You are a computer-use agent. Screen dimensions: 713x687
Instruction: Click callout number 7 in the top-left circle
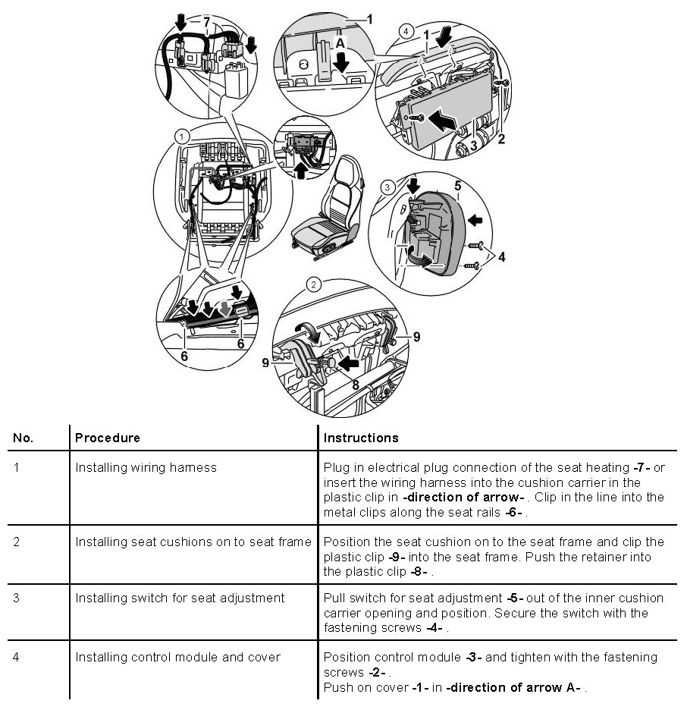[x=205, y=21]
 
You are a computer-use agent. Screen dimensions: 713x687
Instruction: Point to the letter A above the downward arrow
[x=340, y=45]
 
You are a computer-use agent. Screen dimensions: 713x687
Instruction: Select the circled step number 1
[x=180, y=136]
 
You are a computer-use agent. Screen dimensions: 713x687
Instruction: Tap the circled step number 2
[x=313, y=285]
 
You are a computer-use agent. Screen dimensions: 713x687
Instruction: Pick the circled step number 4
[x=406, y=32]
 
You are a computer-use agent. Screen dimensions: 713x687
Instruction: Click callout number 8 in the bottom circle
[x=355, y=384]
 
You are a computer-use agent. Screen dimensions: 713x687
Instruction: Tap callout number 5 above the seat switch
[x=457, y=184]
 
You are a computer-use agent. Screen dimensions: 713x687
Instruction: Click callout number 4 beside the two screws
[x=501, y=256]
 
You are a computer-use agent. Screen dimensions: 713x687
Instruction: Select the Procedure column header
[x=107, y=438]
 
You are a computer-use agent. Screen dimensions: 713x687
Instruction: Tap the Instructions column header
[x=360, y=438]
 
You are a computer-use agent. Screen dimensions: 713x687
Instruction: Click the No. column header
[x=24, y=438]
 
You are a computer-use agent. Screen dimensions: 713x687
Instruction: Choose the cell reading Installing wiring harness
[x=146, y=467]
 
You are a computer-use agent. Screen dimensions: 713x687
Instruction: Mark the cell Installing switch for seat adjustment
[x=180, y=598]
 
